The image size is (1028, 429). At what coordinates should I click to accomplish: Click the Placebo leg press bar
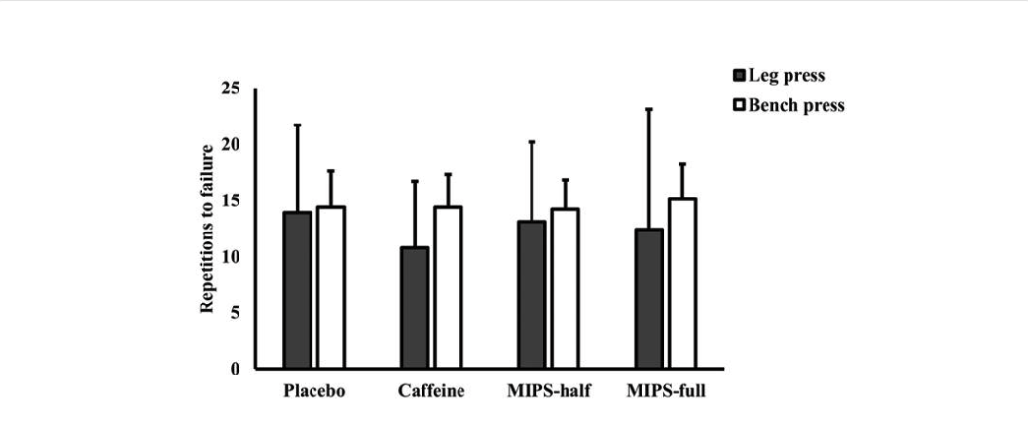click(x=297, y=290)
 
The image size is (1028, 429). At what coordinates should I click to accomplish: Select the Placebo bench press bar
click(x=331, y=288)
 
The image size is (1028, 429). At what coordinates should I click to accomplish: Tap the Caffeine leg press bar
click(x=415, y=307)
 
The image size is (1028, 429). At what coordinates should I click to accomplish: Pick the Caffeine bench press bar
click(x=449, y=288)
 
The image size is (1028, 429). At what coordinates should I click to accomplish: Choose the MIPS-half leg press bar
click(x=532, y=295)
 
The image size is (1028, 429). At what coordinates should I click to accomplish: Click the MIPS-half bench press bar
click(x=566, y=289)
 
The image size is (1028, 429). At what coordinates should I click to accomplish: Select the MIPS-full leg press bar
click(x=649, y=299)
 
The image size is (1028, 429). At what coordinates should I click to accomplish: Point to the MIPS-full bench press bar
click(x=682, y=284)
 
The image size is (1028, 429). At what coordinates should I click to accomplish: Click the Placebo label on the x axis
click(x=314, y=392)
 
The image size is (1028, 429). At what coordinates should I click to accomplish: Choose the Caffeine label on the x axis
click(x=431, y=392)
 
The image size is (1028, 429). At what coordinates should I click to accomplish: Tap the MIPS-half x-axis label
click(x=549, y=392)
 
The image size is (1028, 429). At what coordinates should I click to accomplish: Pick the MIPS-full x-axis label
click(x=667, y=392)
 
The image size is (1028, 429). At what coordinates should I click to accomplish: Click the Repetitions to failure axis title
click(x=207, y=229)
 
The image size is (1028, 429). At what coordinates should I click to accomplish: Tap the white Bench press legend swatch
click(x=739, y=106)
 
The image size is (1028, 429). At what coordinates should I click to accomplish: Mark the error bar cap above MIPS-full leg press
click(x=649, y=109)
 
